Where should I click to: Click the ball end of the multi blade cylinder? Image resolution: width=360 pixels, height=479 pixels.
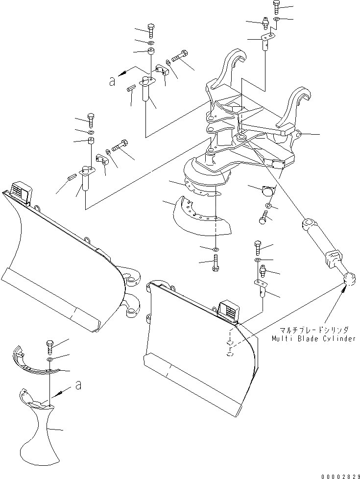pyautogui.click(x=349, y=280)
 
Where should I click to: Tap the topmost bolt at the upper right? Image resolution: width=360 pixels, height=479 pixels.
pyautogui.click(x=276, y=7)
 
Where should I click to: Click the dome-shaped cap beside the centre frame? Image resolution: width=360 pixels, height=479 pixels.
pyautogui.click(x=269, y=191)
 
